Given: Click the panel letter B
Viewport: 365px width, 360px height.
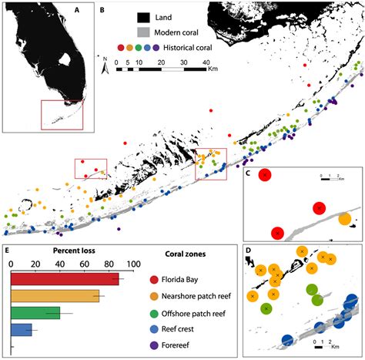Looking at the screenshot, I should tap(102, 12).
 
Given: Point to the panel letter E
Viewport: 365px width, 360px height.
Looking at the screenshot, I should tap(8, 251).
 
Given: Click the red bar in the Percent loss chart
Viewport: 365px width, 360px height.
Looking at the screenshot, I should tap(65, 279).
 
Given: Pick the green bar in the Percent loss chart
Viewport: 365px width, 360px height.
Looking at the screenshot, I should tap(35, 313).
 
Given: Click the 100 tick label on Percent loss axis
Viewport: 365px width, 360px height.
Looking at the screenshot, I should tap(132, 264).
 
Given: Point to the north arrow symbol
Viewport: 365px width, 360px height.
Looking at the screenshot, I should tap(105, 68).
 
